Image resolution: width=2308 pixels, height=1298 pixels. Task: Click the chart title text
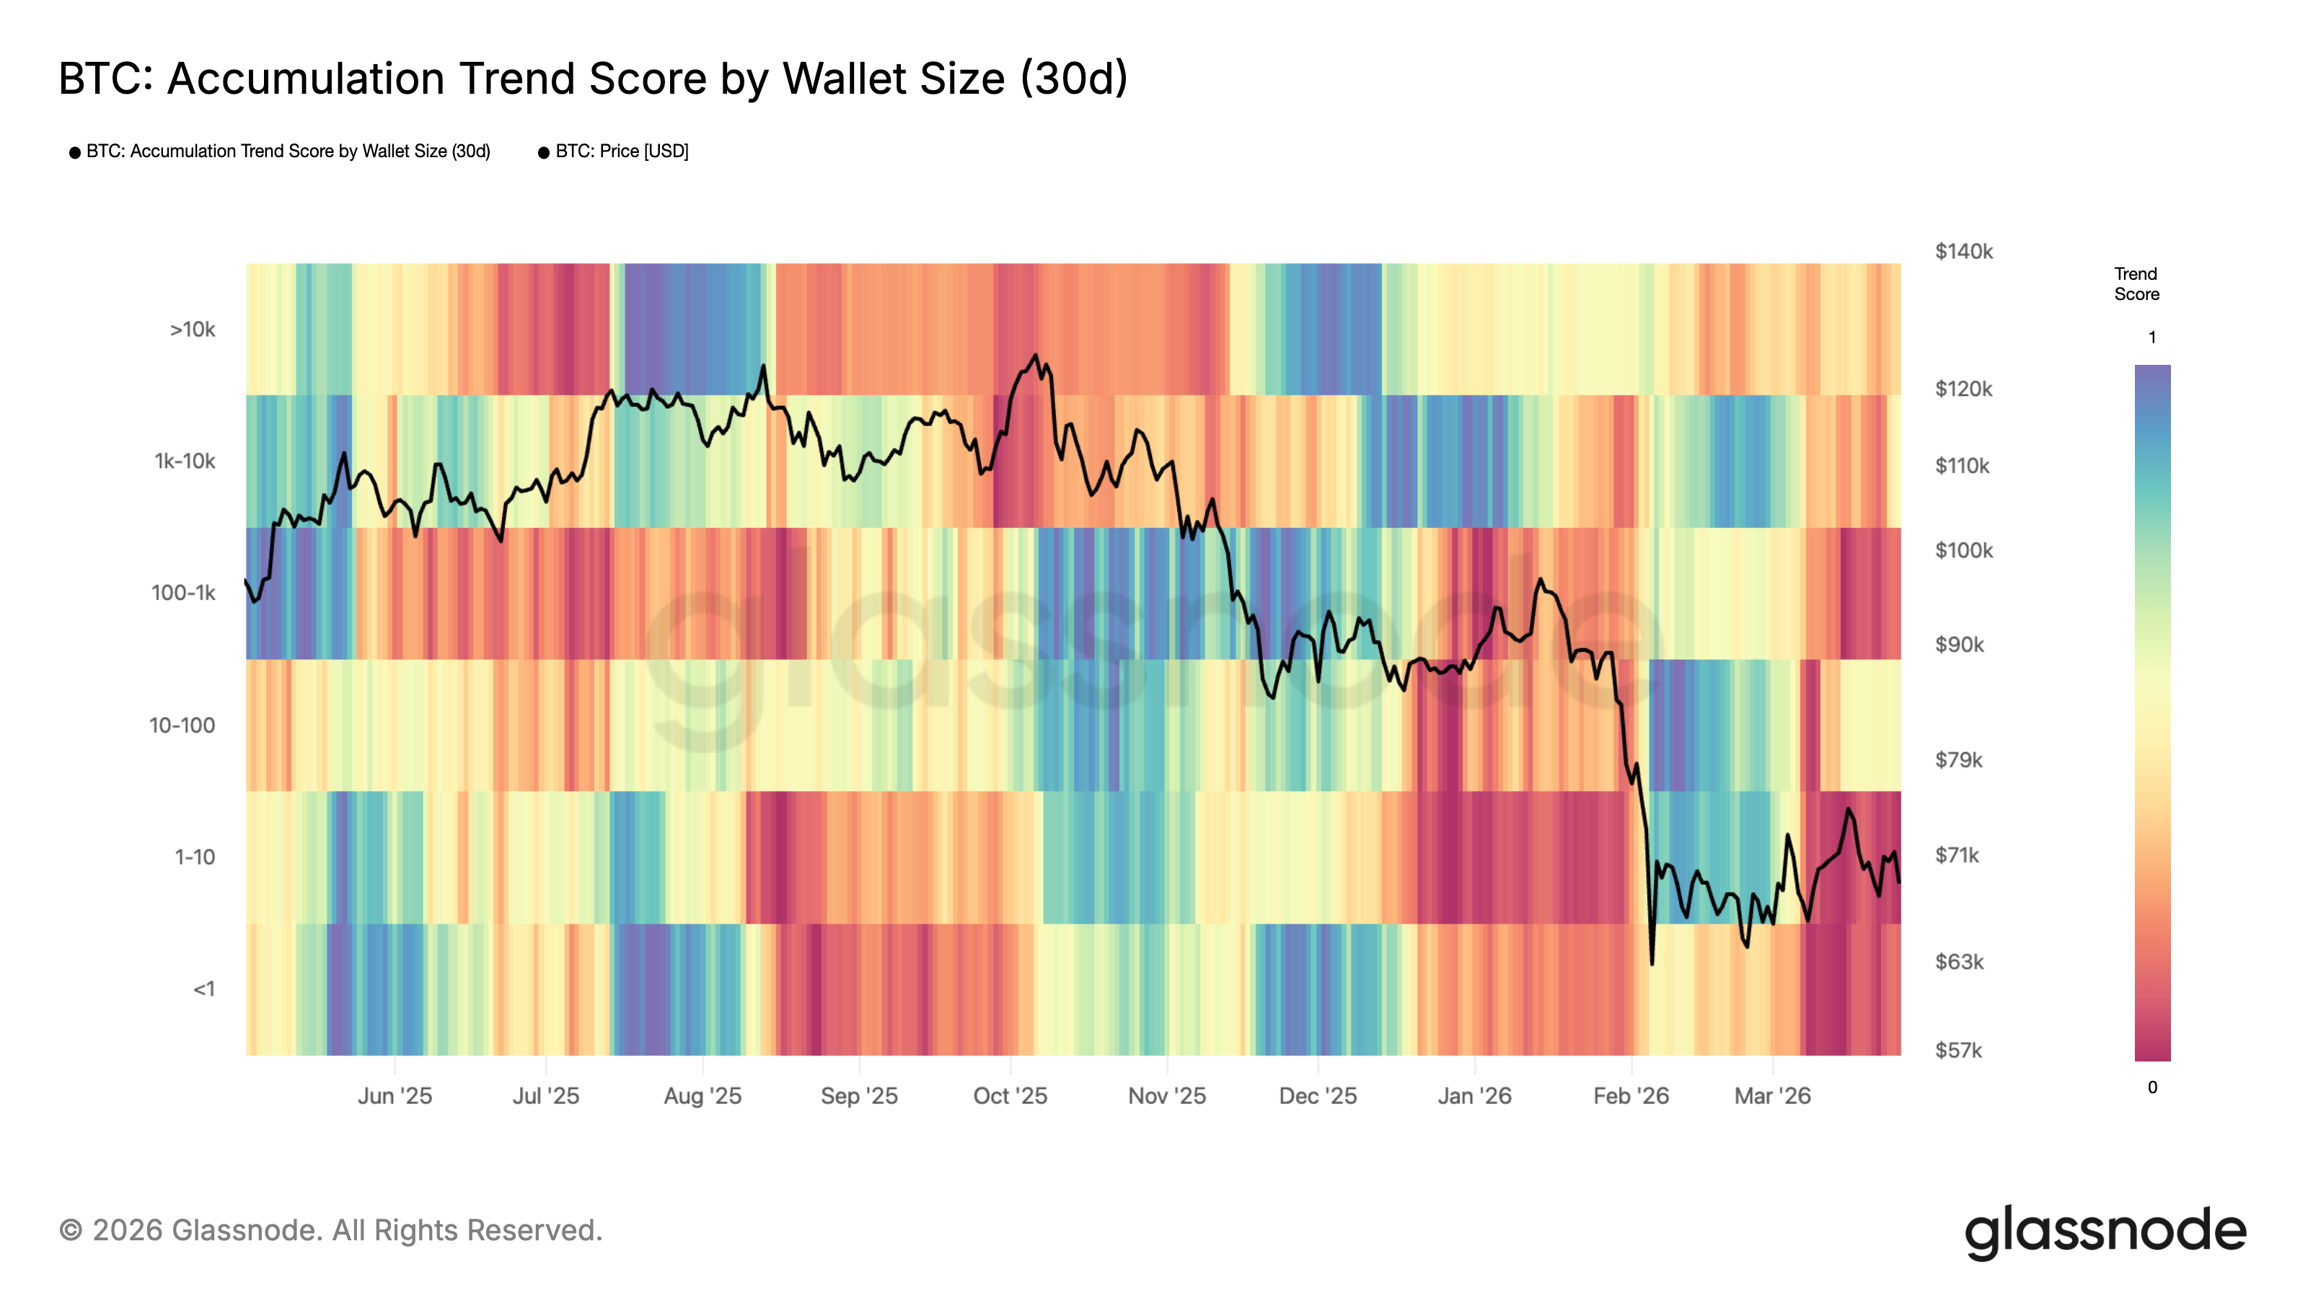coord(592,79)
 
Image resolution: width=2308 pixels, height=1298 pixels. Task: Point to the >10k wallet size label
coord(193,330)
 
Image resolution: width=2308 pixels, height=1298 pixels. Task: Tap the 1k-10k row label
coord(185,462)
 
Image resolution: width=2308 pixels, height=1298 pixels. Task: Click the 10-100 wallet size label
coord(182,725)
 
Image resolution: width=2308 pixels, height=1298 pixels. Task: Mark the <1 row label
coord(204,989)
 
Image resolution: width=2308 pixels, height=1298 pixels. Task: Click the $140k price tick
coord(1963,252)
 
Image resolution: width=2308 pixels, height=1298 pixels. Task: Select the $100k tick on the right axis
coord(1963,551)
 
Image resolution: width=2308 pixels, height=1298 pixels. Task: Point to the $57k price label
coord(1959,1051)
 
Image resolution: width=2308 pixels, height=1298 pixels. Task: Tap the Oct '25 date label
coord(1010,1096)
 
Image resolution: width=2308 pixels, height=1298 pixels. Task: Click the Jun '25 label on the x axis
coord(395,1096)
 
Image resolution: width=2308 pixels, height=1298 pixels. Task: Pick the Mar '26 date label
coord(1772,1096)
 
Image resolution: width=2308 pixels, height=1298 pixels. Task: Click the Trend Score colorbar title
coord(2136,284)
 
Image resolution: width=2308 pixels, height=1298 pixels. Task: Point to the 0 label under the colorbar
coord(2152,1087)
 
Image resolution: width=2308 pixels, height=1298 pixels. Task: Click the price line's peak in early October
coord(1036,356)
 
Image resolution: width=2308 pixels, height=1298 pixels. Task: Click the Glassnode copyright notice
coord(330,1231)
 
